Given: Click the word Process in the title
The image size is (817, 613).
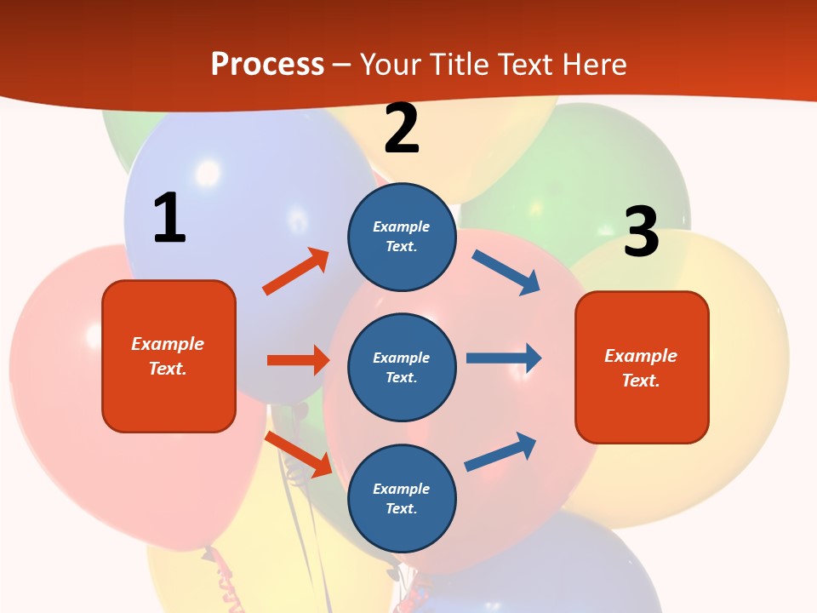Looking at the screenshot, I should (x=267, y=65).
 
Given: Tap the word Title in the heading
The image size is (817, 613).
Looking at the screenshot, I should (x=458, y=65).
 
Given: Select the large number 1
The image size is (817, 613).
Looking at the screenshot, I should (x=169, y=219).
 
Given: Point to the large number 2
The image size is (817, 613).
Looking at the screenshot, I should (x=402, y=129).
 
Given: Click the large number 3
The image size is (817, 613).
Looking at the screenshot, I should (x=641, y=232).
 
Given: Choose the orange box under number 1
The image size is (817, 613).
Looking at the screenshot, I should (x=169, y=356).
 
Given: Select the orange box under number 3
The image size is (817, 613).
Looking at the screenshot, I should (x=642, y=367).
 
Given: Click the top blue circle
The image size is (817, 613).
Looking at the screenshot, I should (x=402, y=237).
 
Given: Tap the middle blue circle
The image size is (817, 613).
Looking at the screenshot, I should (x=402, y=367).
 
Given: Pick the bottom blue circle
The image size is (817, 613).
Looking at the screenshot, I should (x=402, y=498).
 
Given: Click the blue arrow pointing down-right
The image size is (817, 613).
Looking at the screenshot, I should (x=506, y=272).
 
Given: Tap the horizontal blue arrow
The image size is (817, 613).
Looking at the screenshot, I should (x=504, y=358).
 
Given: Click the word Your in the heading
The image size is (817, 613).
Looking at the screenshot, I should (x=390, y=65).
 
